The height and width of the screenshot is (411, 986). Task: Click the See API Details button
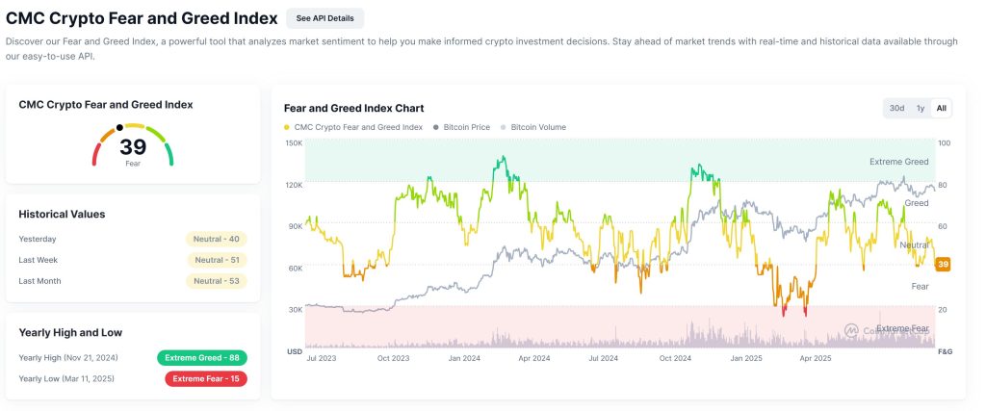click(324, 18)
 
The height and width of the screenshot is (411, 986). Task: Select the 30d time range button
click(896, 108)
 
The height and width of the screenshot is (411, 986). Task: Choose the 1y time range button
click(921, 108)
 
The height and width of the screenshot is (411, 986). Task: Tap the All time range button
click(941, 108)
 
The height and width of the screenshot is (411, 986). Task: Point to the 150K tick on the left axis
click(293, 142)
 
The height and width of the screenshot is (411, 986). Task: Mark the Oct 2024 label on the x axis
click(675, 358)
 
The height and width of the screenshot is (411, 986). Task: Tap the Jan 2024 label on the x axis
click(465, 358)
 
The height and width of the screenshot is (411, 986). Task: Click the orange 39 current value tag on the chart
click(944, 265)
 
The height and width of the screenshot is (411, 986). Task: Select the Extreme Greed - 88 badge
click(202, 358)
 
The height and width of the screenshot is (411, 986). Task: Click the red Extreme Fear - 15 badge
click(205, 378)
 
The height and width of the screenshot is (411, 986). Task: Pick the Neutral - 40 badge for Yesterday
click(217, 239)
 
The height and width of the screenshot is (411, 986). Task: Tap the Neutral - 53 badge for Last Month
click(217, 281)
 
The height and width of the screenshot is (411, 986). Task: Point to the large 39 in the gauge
click(133, 147)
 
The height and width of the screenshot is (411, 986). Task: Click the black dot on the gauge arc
click(119, 127)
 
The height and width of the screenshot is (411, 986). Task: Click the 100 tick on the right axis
click(944, 142)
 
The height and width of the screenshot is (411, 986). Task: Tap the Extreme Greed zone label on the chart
click(898, 162)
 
